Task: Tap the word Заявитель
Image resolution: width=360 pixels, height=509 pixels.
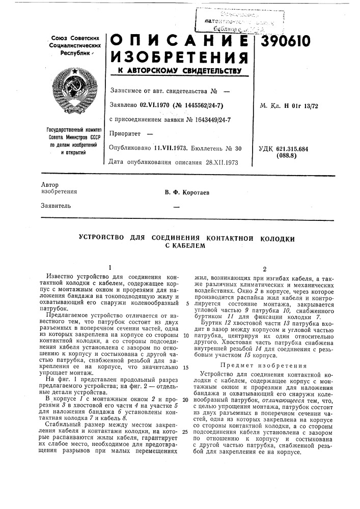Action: point(56,206)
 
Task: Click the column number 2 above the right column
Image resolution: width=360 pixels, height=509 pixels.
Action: point(264,269)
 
